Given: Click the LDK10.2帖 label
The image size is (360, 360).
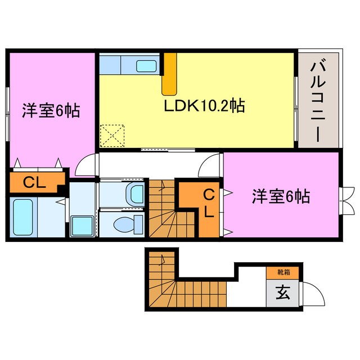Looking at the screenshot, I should coord(204,106).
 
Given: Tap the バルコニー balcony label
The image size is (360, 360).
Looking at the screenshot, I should coord(317,102).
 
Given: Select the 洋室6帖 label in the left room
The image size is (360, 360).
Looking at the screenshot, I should coord(51,110).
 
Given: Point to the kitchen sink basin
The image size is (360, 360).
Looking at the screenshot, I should coord(147,66).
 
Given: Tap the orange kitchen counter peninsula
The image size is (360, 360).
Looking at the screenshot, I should coord(169,73).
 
